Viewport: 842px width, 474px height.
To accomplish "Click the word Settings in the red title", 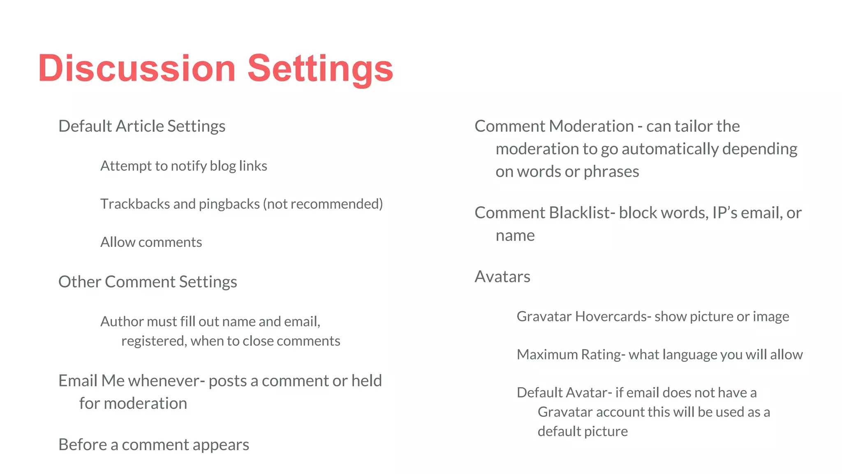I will (x=320, y=69).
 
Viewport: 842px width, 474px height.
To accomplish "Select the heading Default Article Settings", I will (x=142, y=126).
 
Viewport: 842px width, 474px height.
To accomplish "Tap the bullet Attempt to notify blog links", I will (x=183, y=166).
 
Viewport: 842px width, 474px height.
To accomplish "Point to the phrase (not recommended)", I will (x=323, y=204).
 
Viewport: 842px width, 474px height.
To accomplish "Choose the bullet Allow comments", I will (x=151, y=242).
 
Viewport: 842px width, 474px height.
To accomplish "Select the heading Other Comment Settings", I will (x=148, y=282).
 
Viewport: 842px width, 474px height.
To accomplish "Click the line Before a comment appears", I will (x=154, y=445).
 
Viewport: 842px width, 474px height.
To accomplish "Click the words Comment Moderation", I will (x=554, y=126).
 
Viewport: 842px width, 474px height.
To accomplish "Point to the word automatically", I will (x=670, y=149).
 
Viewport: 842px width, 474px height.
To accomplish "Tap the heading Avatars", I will (x=502, y=276).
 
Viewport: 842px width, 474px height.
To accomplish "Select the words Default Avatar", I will (x=562, y=393).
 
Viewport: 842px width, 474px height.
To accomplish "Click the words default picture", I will (x=582, y=431).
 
